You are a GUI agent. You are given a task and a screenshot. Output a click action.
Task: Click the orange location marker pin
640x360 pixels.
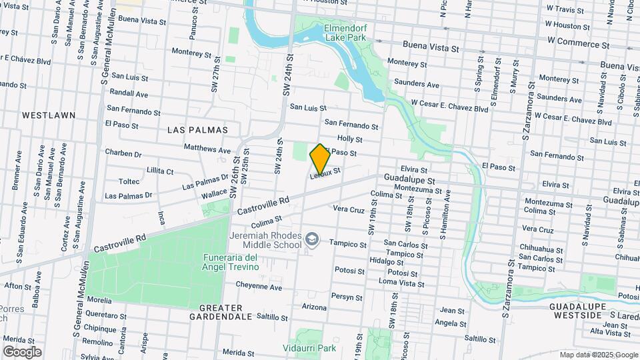[320, 158]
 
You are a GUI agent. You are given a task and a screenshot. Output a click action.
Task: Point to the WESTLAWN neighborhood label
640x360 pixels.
[49, 115]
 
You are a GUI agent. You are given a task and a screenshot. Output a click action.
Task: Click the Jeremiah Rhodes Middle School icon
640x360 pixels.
[311, 239]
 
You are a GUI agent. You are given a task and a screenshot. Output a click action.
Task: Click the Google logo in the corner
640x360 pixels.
[22, 351]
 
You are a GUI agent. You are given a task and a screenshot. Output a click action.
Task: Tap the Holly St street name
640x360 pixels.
[349, 139]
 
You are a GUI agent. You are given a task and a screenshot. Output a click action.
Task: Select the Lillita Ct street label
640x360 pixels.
[159, 171]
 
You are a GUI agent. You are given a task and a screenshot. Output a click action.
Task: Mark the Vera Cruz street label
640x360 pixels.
[349, 209]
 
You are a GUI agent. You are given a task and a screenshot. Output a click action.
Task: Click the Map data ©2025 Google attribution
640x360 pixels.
[599, 355]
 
